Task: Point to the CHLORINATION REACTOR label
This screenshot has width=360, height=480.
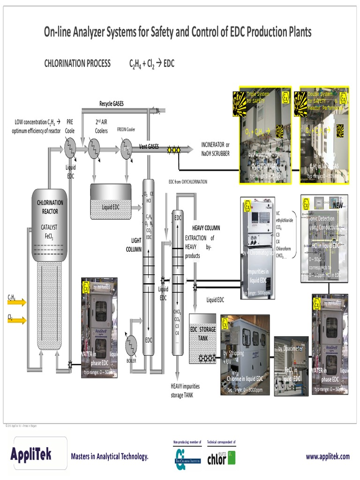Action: (50, 207)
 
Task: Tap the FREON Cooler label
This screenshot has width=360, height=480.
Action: (126, 129)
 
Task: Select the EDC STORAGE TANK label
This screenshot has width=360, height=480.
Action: (202, 333)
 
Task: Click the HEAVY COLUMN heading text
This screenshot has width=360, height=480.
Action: (206, 228)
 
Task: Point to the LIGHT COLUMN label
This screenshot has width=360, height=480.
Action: (133, 245)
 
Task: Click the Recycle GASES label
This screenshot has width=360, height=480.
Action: (112, 104)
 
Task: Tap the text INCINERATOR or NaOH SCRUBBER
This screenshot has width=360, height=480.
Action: (216, 149)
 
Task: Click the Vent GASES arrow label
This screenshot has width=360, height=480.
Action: (149, 147)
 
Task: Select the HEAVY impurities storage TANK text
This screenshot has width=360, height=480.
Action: (185, 390)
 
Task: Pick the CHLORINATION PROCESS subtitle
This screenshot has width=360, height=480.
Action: (77, 64)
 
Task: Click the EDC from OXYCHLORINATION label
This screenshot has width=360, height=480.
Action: (187, 181)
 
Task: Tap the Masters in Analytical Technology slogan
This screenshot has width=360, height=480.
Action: (110, 457)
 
